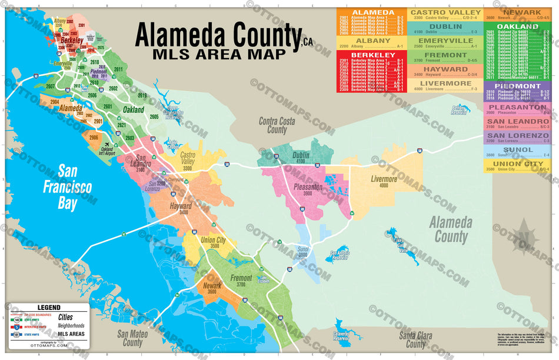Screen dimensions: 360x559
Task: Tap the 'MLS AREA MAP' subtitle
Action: click(x=219, y=55)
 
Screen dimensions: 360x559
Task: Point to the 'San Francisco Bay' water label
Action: click(x=66, y=188)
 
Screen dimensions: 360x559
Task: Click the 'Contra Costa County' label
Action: click(x=277, y=125)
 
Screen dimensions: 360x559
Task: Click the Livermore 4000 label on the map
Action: click(x=384, y=182)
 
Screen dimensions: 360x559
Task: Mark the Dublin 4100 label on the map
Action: click(x=301, y=157)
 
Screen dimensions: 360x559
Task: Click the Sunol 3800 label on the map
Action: click(x=302, y=252)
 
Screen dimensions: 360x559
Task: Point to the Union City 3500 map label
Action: click(x=213, y=243)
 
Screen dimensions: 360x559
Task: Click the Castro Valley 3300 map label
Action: click(x=188, y=157)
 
